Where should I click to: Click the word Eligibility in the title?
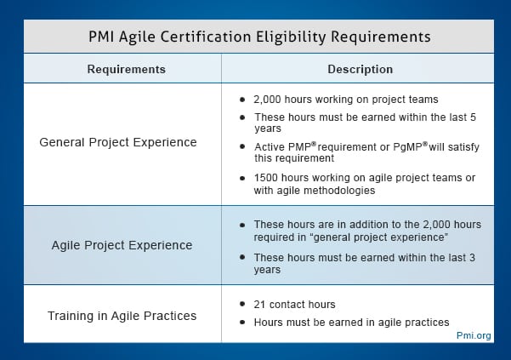pos(291,37)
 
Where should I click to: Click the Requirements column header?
pos(127,70)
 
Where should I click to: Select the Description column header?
pos(361,69)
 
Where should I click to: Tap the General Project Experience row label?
pos(118,142)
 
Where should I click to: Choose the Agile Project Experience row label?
pos(122,245)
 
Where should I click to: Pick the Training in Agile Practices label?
pos(122,316)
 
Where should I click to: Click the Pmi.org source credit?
pos(474,335)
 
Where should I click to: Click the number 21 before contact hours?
pos(259,305)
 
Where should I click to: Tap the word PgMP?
pos(407,147)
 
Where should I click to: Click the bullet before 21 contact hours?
pos(242,304)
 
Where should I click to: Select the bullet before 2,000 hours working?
pos(242,99)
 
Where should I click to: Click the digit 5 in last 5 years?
pos(473,117)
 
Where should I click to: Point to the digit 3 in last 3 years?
pos(472,257)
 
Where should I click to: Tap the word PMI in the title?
pos(101,37)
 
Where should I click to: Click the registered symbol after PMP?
pos(314,144)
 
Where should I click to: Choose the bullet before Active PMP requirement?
pos(242,146)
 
